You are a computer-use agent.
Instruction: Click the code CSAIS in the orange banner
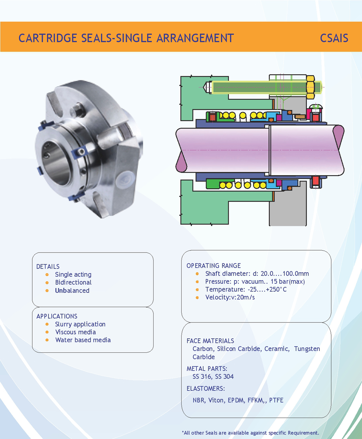tap(334, 38)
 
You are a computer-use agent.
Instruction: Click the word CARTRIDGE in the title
tap(48, 38)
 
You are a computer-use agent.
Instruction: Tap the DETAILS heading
tap(48, 267)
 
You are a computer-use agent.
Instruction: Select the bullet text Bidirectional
tap(73, 282)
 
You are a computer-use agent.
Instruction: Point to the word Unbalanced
tap(72, 291)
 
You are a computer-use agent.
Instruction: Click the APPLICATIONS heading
tap(57, 316)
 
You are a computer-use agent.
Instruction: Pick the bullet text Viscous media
tap(75, 332)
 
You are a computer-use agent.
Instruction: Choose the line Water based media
tap(83, 340)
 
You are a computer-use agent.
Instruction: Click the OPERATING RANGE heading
tap(214, 266)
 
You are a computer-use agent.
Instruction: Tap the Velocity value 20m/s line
tap(230, 297)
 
